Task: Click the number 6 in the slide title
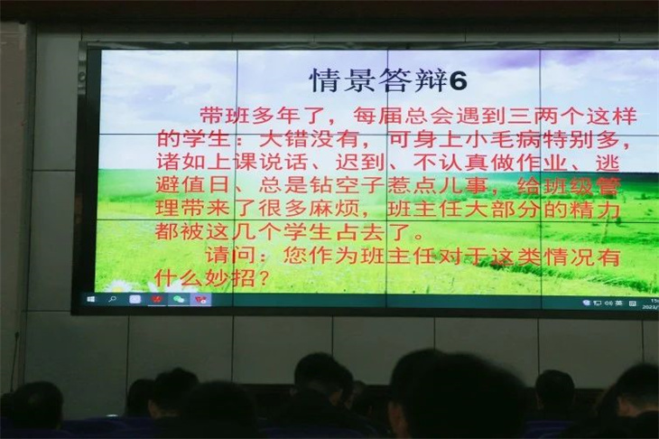click(458, 80)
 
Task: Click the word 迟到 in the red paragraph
click(360, 163)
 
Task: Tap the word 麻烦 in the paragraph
click(334, 208)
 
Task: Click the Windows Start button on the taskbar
click(91, 299)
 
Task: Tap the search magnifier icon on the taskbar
click(112, 299)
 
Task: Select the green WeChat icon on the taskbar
click(179, 299)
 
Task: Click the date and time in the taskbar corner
click(651, 304)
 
